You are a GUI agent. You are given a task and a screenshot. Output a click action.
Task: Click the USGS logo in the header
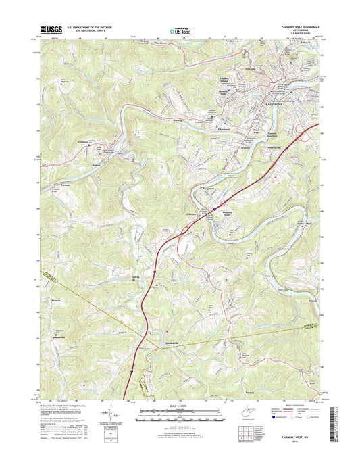(x=52, y=30)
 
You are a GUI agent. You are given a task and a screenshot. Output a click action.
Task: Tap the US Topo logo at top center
(x=179, y=30)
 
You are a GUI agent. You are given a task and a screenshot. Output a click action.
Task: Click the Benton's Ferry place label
(x=224, y=210)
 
